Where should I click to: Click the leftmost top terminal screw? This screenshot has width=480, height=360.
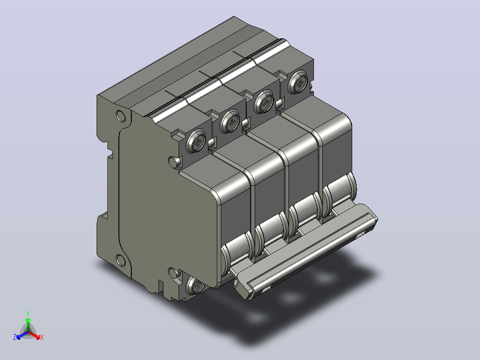pyautogui.click(x=196, y=141)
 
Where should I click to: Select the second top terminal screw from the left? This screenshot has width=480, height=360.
pyautogui.click(x=230, y=121)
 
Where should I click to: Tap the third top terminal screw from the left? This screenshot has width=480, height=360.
pyautogui.click(x=264, y=102)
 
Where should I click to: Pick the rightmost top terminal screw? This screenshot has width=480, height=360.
pyautogui.click(x=298, y=82)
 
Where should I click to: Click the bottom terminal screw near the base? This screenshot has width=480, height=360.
pyautogui.click(x=195, y=286)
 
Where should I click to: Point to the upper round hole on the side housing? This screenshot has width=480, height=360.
pyautogui.click(x=121, y=116)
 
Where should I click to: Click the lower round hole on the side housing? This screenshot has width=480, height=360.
pyautogui.click(x=121, y=261)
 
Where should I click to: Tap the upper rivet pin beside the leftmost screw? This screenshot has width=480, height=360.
pyautogui.click(x=175, y=162)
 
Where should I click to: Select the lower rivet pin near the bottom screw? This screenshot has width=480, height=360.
pyautogui.click(x=174, y=273)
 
